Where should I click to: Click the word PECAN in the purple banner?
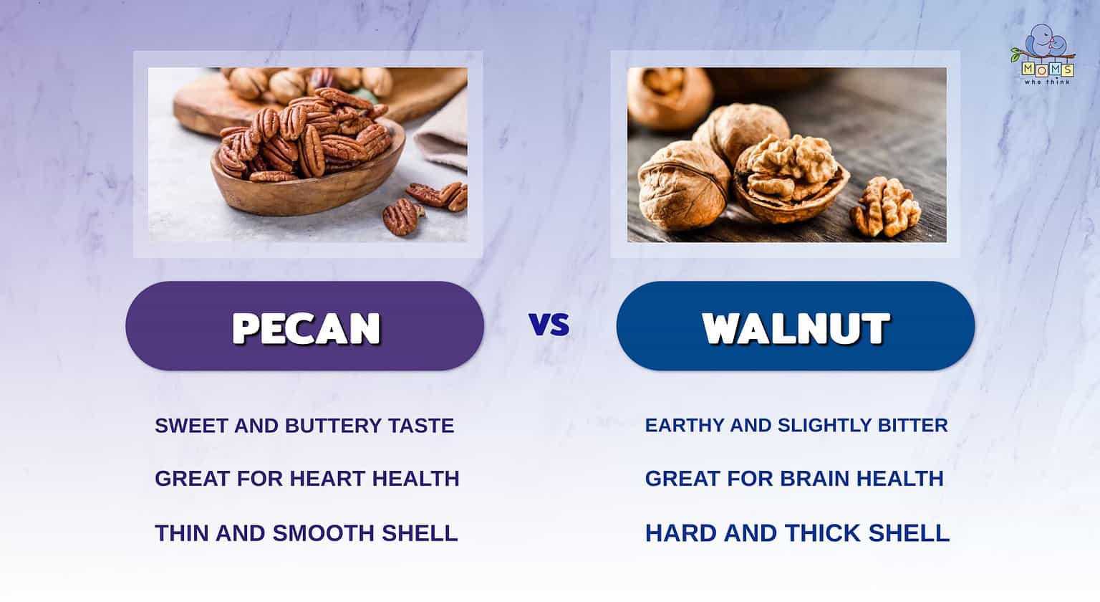307,328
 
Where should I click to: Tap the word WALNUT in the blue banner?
796,328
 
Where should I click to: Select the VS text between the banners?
549,325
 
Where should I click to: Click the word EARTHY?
685,426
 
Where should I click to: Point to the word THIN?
182,533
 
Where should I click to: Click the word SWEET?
191,426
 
